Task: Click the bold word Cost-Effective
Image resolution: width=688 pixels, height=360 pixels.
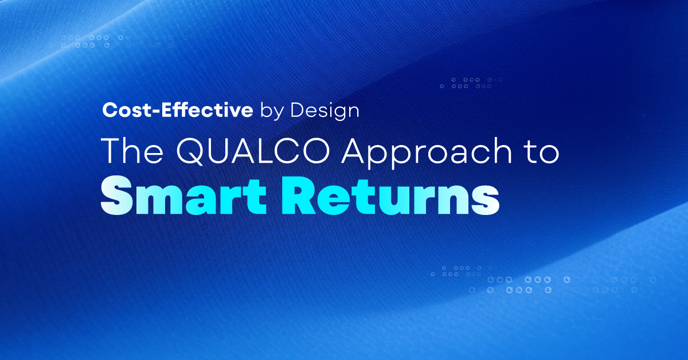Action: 177,111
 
